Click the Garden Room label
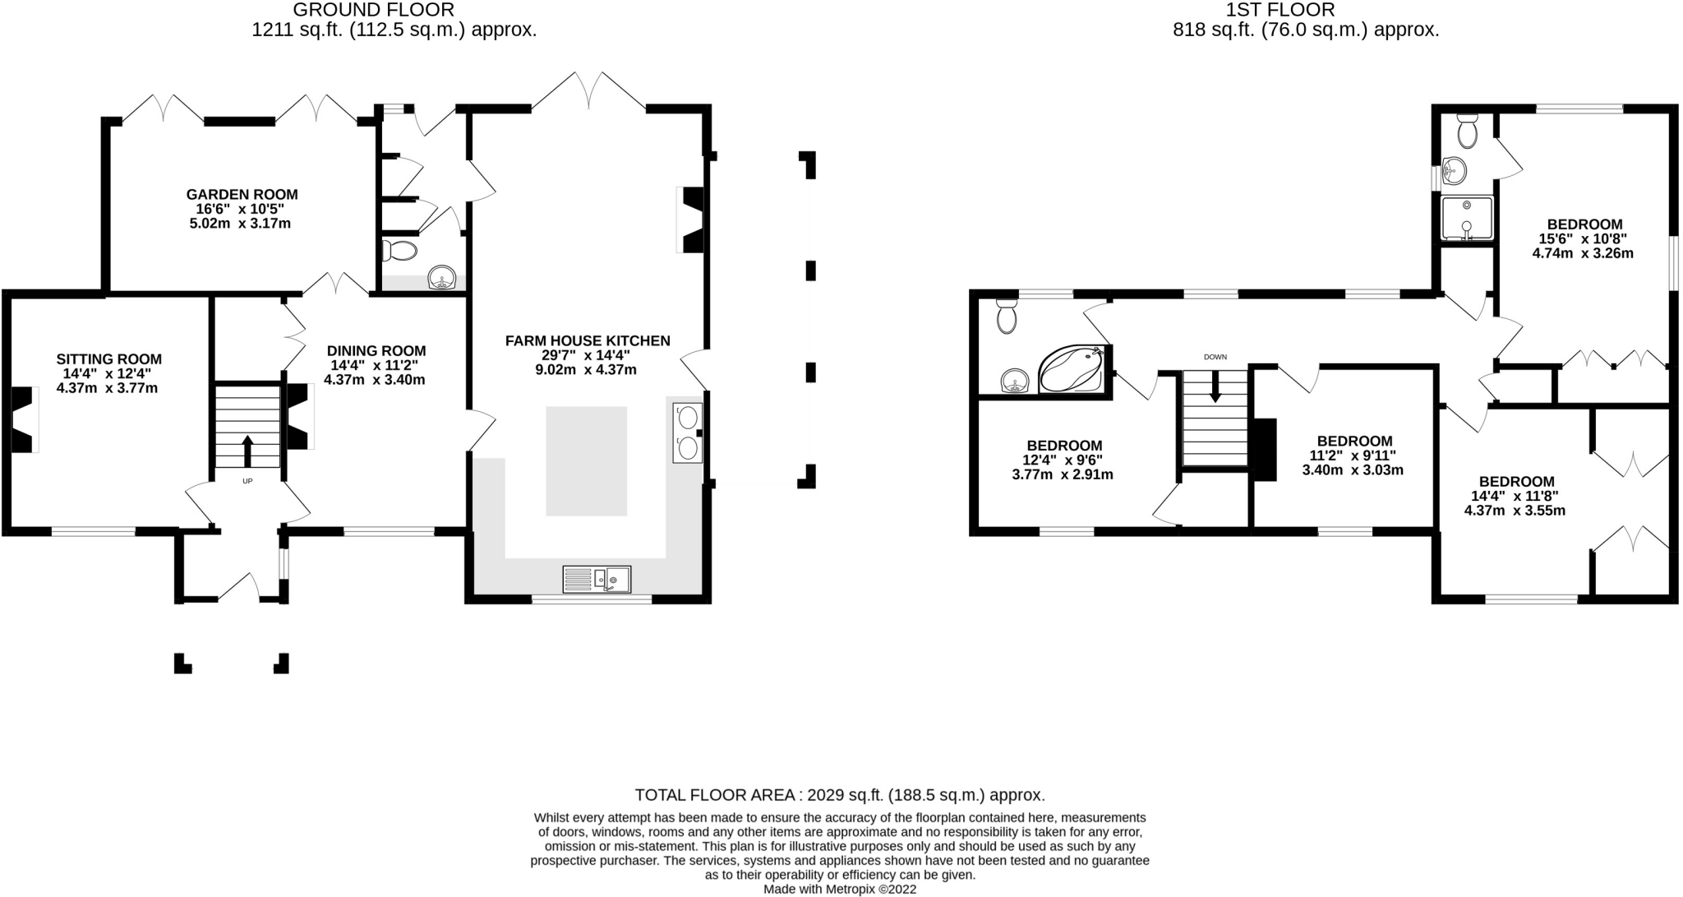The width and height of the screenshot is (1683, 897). (x=242, y=195)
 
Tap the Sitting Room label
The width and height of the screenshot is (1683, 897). (x=108, y=359)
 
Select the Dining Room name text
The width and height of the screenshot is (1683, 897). (x=376, y=351)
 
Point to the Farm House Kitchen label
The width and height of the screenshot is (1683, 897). (x=588, y=340)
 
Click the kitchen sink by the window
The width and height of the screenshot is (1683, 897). (x=597, y=579)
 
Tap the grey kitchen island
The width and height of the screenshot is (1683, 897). (x=587, y=461)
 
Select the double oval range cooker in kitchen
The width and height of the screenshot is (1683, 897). (x=688, y=433)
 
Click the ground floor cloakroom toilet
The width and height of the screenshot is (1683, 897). (x=399, y=251)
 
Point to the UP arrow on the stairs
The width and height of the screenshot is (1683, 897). (x=247, y=451)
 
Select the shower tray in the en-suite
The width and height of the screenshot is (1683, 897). (x=1467, y=219)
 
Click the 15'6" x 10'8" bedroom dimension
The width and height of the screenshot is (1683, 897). (x=1583, y=239)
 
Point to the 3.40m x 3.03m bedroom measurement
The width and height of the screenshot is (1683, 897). (x=1353, y=470)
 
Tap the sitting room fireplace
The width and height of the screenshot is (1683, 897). (x=25, y=419)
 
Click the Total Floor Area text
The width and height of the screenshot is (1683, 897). (x=840, y=795)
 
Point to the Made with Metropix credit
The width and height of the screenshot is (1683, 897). (x=840, y=889)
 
